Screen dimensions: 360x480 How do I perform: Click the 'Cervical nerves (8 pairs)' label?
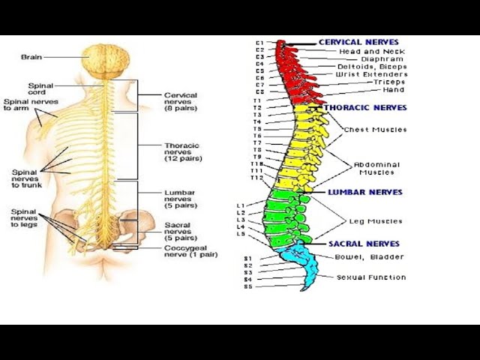click(x=180, y=101)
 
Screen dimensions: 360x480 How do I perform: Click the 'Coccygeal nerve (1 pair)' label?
click(x=190, y=250)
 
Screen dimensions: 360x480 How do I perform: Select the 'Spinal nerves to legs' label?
click(x=25, y=217)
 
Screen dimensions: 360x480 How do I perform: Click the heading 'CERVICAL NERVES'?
click(x=358, y=42)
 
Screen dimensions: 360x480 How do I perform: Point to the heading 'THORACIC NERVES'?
click(x=365, y=108)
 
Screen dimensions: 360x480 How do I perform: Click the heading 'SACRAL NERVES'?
click(x=364, y=244)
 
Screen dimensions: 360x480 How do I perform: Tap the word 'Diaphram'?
click(x=381, y=59)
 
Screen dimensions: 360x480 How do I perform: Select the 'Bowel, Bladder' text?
click(x=370, y=257)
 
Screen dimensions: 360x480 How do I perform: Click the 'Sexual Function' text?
click(x=370, y=277)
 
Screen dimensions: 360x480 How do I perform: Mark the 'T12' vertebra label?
click(x=256, y=178)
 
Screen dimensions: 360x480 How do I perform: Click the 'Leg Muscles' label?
click(x=375, y=221)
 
